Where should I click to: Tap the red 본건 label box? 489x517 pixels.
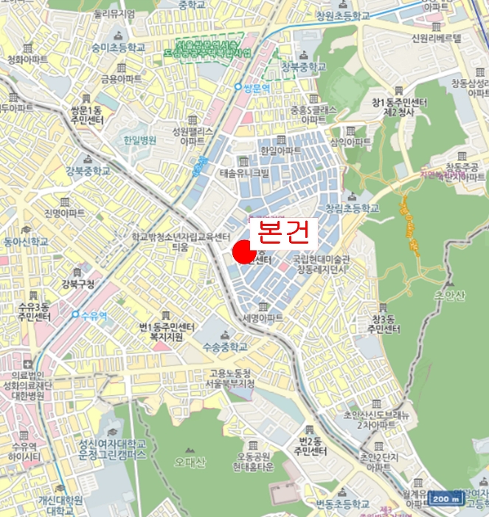284,233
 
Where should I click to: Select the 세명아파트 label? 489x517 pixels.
263,318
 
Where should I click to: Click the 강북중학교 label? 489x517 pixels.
88,171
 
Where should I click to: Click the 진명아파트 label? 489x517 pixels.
65,213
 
